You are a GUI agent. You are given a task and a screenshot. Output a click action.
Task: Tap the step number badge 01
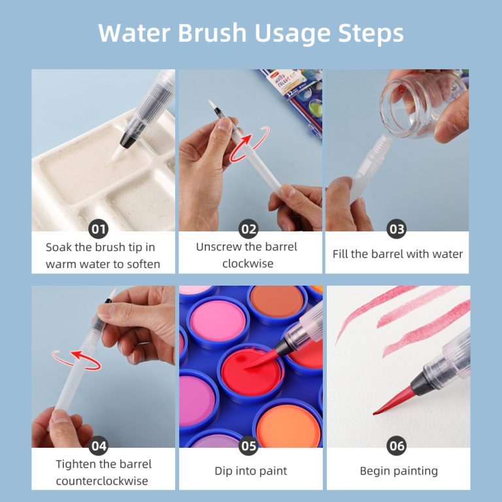[99, 229]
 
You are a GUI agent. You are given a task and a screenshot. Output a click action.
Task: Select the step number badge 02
[249, 229]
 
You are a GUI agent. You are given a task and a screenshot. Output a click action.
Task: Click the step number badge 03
[397, 229]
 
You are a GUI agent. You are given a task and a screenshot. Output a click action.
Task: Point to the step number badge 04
[99, 446]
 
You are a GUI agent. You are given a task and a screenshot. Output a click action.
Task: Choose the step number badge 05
[249, 446]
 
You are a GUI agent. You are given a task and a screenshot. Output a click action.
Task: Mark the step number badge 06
[397, 446]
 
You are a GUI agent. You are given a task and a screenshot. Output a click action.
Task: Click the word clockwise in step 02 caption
[250, 263]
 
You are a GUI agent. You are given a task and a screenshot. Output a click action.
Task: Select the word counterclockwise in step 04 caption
[103, 480]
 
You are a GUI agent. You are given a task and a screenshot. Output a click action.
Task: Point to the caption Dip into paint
[250, 471]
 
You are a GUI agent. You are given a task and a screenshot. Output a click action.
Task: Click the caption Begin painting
[399, 471]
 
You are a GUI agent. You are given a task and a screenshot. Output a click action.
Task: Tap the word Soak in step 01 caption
[59, 247]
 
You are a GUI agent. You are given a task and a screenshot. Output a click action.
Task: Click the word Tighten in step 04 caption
[77, 464]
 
